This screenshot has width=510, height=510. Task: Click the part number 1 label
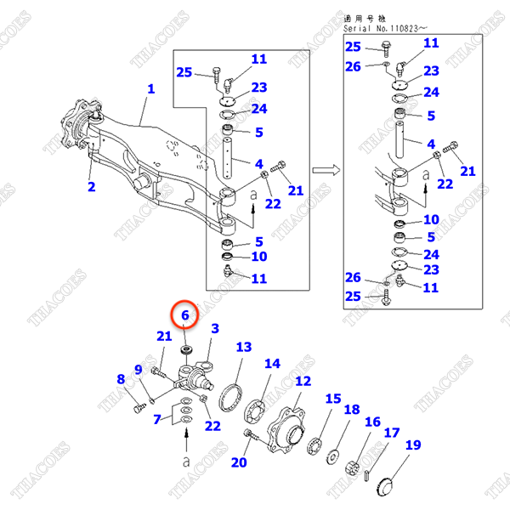tap(151, 88)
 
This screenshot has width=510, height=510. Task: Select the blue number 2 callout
tap(92, 186)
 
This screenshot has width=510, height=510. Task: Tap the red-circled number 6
tap(187, 314)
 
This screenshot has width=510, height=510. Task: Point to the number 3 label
tap(215, 328)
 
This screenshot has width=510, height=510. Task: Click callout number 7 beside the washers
tap(156, 419)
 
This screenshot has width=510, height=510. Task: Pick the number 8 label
tap(121, 379)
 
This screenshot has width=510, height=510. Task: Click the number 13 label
tap(244, 347)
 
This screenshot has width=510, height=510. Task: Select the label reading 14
tap(271, 364)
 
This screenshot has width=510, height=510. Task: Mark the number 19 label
tap(413, 445)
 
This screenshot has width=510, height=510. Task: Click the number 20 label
tap(239, 462)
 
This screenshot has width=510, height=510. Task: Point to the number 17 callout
tap(392, 433)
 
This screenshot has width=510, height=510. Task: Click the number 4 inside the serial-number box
tap(431, 144)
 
